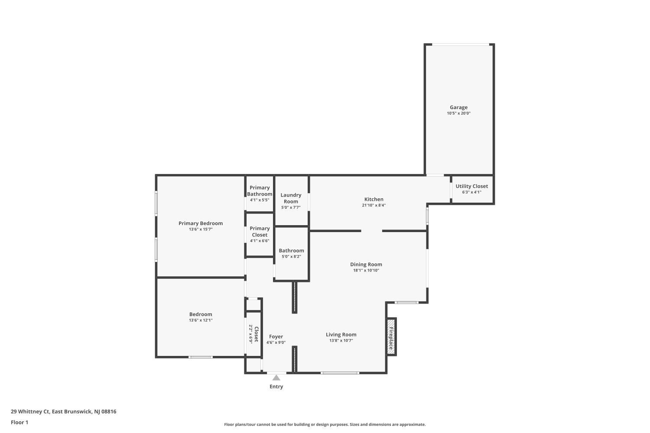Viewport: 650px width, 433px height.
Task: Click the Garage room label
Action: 458,107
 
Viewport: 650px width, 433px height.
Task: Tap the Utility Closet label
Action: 471,186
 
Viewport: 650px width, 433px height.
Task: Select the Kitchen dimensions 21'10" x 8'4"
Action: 374,205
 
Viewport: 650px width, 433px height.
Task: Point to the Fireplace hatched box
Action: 391,337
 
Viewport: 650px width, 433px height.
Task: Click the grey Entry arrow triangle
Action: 276,378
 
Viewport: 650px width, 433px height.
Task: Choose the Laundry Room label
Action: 291,198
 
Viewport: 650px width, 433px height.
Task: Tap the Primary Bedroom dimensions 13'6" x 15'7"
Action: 201,229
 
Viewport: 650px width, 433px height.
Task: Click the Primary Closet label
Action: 260,231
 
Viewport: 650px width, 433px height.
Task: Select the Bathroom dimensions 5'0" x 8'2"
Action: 291,257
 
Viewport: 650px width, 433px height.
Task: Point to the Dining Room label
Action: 366,264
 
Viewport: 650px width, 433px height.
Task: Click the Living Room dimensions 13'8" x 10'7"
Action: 341,340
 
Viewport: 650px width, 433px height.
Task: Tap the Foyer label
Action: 276,336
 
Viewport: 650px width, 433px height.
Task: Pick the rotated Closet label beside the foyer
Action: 256,334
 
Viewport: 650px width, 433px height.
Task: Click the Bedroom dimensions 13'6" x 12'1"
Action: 201,320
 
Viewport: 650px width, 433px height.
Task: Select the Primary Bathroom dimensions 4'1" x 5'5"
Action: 260,200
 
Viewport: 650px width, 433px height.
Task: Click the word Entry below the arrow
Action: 276,387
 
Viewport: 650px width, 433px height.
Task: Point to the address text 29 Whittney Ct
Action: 30,411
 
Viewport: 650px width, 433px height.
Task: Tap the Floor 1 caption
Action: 19,422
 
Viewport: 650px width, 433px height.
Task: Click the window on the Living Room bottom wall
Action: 340,373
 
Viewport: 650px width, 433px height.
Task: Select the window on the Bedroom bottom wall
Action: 201,357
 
